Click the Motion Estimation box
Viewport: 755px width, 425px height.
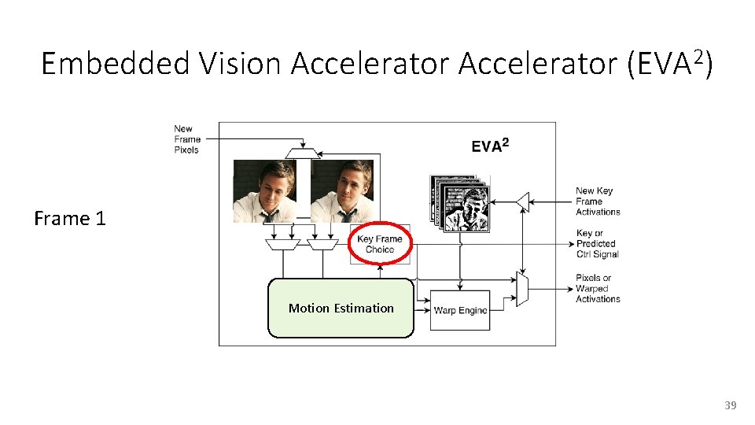pyautogui.click(x=341, y=308)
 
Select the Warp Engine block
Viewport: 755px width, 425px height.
pyautogui.click(x=460, y=310)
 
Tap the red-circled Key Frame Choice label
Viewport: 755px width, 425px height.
pyautogui.click(x=380, y=244)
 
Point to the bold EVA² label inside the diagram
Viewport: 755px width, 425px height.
pyautogui.click(x=490, y=146)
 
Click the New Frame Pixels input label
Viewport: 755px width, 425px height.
pyautogui.click(x=186, y=139)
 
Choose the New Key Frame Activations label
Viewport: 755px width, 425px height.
pyautogui.click(x=598, y=201)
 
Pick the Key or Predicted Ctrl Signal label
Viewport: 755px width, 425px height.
pyautogui.click(x=597, y=244)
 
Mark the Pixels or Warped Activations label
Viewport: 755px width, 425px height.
pyautogui.click(x=598, y=288)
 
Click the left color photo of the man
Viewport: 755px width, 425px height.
pyautogui.click(x=264, y=191)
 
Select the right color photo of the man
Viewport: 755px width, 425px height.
pyautogui.click(x=341, y=191)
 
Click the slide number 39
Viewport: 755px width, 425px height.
pyautogui.click(x=730, y=405)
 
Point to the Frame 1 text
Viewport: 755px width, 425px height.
pyautogui.click(x=69, y=219)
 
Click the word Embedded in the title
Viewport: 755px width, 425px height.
pyautogui.click(x=116, y=64)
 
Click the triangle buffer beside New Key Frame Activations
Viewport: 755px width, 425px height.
pyautogui.click(x=523, y=201)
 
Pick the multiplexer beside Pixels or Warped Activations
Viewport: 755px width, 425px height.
pyautogui.click(x=522, y=288)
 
